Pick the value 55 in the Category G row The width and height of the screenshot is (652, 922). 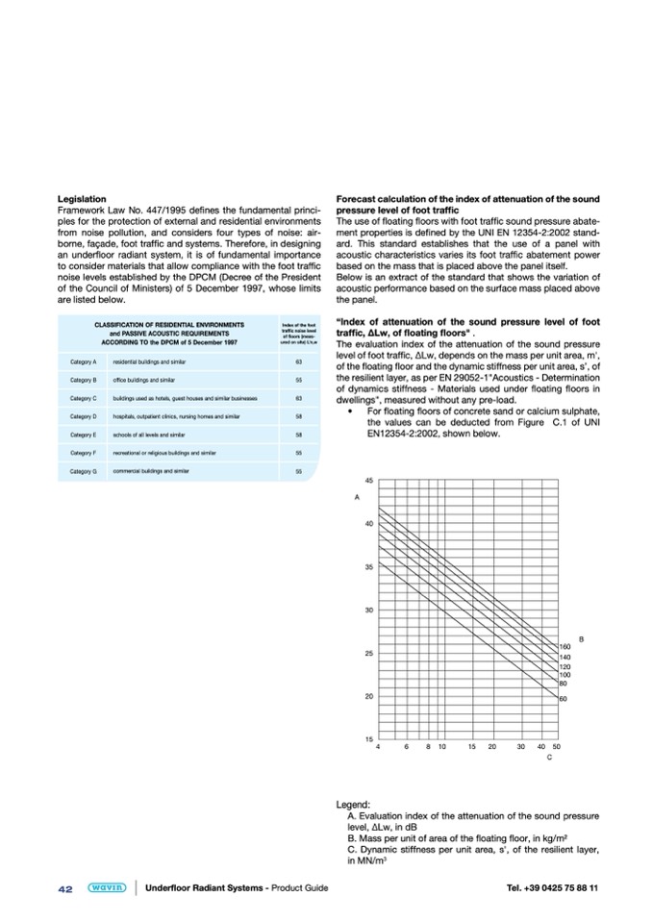click(x=299, y=472)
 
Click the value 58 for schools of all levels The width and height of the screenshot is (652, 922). click(x=299, y=435)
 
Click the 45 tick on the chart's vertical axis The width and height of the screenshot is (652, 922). click(x=369, y=481)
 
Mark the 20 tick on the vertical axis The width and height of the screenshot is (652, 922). click(x=369, y=696)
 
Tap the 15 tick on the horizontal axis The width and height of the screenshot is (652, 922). click(x=472, y=746)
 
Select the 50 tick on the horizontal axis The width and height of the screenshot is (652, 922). click(x=557, y=746)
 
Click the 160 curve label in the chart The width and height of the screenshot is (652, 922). click(x=565, y=646)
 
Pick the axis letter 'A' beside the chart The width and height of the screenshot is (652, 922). click(x=357, y=497)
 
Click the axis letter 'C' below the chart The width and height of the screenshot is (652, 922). click(x=548, y=759)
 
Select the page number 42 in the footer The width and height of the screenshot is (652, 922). click(x=65, y=888)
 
